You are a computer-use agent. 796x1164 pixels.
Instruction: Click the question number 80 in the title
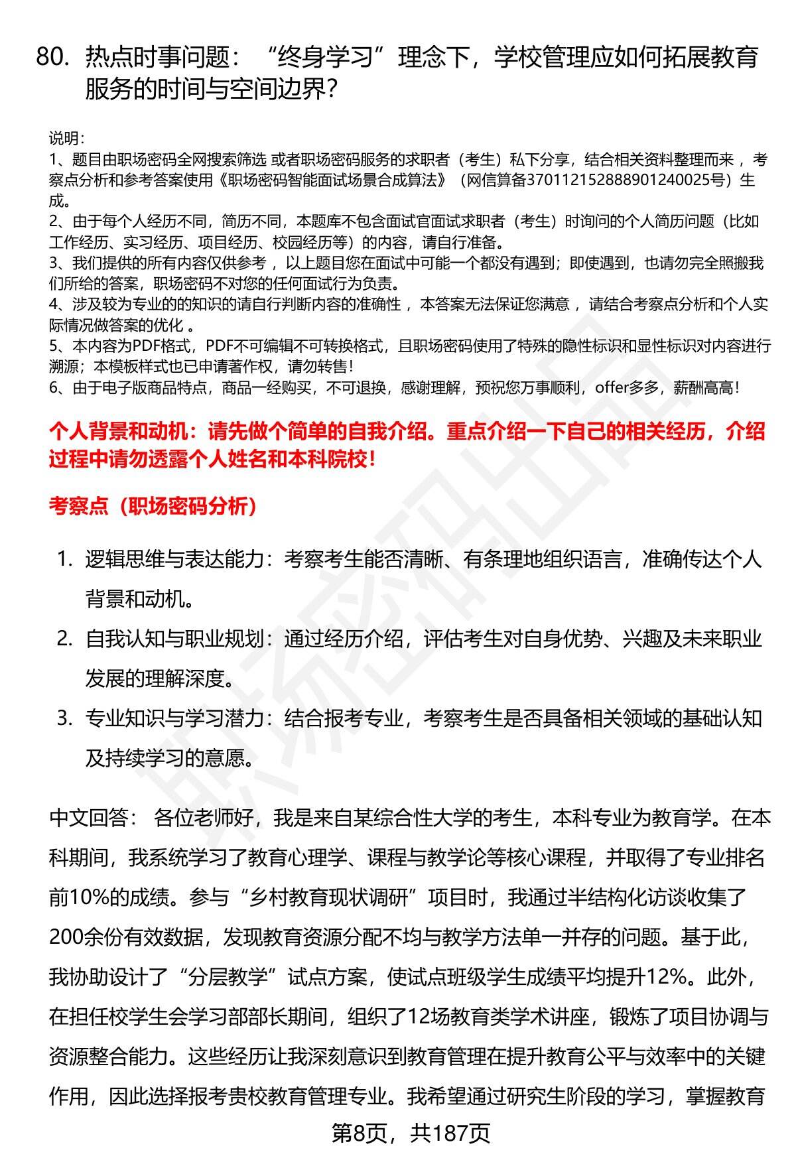pyautogui.click(x=52, y=58)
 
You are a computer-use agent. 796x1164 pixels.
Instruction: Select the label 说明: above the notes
pyautogui.click(x=66, y=139)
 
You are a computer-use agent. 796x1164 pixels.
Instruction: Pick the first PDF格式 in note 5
pyautogui.click(x=163, y=346)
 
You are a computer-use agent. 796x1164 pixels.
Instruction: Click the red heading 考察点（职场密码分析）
pyautogui.click(x=153, y=507)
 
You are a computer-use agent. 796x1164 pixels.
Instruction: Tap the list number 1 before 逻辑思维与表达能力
pyautogui.click(x=64, y=559)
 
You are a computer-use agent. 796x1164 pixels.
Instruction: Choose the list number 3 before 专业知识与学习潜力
pyautogui.click(x=64, y=718)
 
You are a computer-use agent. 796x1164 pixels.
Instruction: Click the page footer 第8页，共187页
pyautogui.click(x=411, y=1133)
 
